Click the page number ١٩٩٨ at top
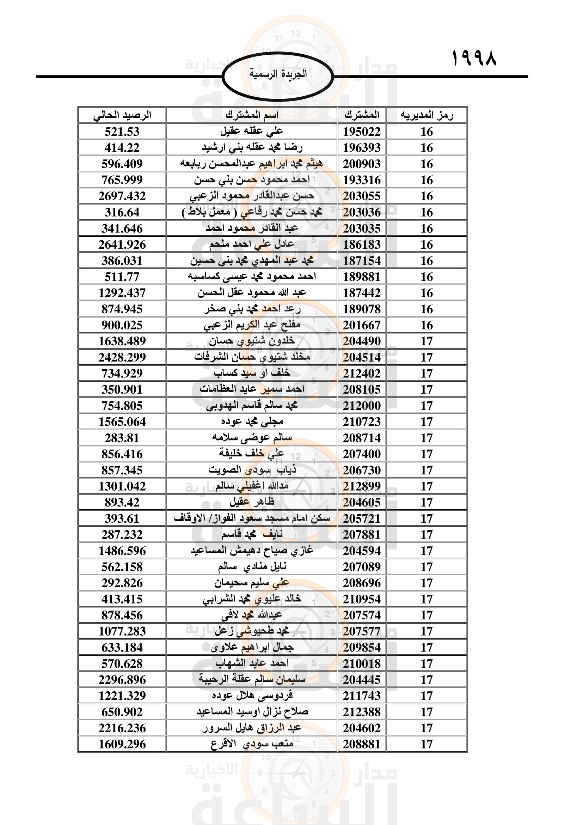(x=474, y=59)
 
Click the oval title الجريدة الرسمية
(x=278, y=74)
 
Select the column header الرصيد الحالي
(x=122, y=115)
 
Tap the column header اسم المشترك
(x=252, y=115)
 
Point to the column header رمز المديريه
(x=426, y=115)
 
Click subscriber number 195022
(x=362, y=132)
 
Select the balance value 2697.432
(x=122, y=196)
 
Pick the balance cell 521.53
(x=122, y=132)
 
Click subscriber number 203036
(x=362, y=212)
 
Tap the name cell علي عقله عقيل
(x=252, y=132)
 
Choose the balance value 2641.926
(x=122, y=245)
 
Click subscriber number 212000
(x=362, y=406)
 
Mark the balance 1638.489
(x=122, y=341)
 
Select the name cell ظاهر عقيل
(x=252, y=502)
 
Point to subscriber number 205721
(x=362, y=518)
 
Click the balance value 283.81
(x=122, y=438)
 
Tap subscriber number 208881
(x=362, y=744)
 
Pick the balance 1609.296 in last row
(x=122, y=744)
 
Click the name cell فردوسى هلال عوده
(x=252, y=696)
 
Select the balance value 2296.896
(x=122, y=680)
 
